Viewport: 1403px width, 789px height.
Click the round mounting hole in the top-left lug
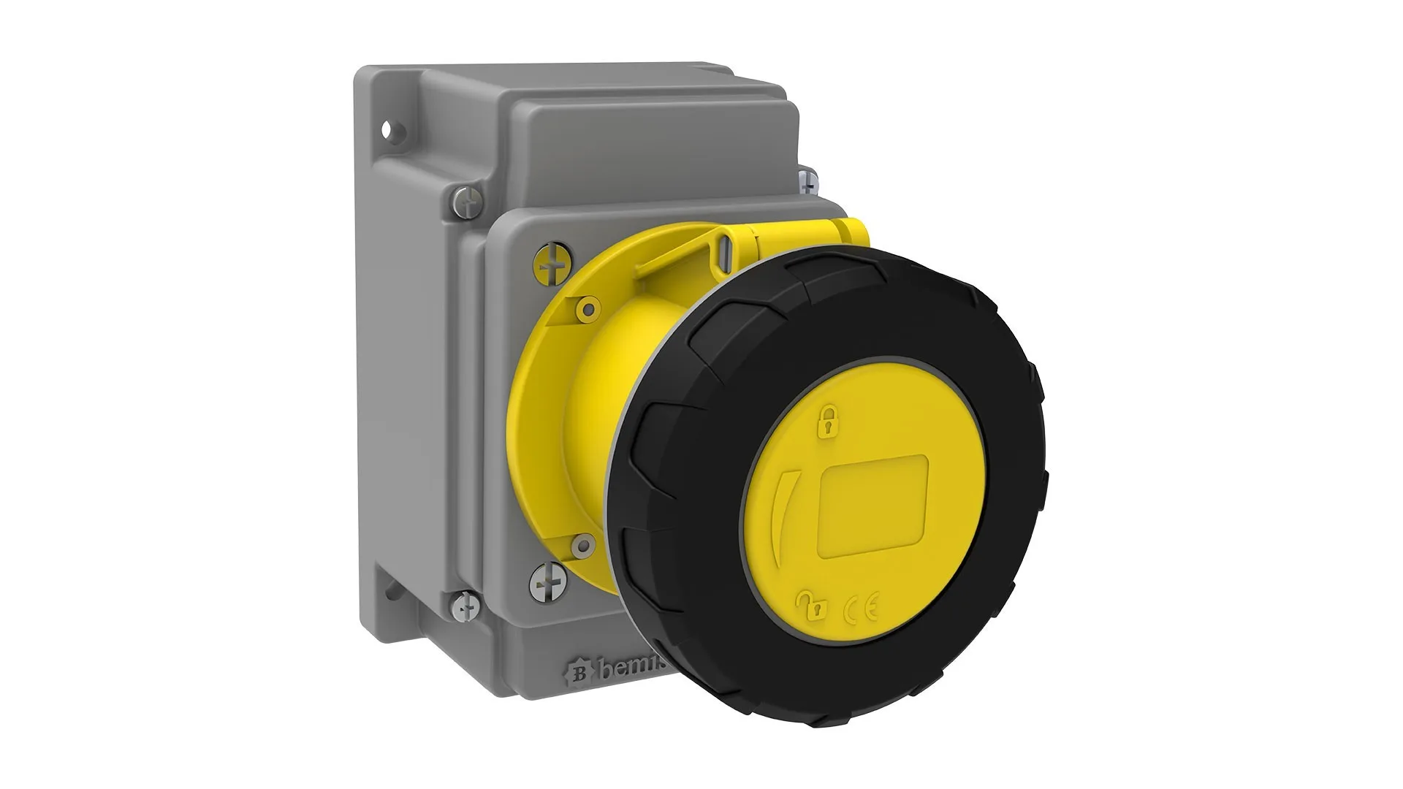397,132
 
